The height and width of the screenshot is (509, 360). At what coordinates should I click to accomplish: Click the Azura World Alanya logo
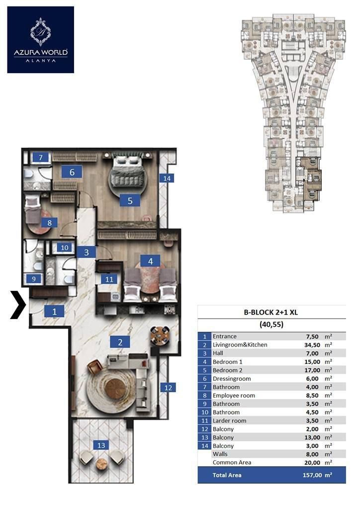[x=41, y=40]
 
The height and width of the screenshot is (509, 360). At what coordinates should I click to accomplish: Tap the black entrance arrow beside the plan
[x=18, y=305]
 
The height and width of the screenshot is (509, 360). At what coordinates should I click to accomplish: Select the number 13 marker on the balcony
[x=101, y=445]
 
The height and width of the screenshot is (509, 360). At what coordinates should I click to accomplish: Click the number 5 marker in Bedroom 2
[x=130, y=201]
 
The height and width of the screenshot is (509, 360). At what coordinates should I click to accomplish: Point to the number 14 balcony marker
[x=167, y=178]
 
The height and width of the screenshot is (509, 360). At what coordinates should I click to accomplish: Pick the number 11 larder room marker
[x=109, y=279]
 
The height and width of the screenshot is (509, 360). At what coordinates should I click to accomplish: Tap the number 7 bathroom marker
[x=41, y=158]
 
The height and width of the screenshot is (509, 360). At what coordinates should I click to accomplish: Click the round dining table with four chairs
[x=160, y=336]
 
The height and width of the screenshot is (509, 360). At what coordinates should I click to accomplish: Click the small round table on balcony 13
[x=101, y=463]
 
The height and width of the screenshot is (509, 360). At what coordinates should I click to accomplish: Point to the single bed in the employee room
[x=32, y=209]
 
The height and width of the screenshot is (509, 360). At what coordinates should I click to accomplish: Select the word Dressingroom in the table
[x=232, y=378]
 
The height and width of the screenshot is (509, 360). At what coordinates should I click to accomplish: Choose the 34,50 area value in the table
[x=312, y=345]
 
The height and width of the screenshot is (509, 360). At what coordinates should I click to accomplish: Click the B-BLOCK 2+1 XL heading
[x=270, y=312]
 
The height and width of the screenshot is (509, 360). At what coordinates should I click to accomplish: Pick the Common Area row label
[x=232, y=462]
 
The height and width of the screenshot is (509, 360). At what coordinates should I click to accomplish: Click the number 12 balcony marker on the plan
[x=168, y=387]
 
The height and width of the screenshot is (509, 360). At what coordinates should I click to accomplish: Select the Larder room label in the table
[x=230, y=421]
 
